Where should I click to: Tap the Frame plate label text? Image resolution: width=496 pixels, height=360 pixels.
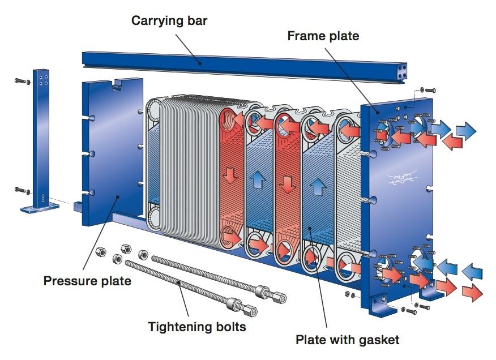(x=323, y=36)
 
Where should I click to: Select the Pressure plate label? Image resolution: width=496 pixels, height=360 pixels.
(x=87, y=281)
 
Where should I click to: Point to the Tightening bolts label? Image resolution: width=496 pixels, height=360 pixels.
(x=196, y=327)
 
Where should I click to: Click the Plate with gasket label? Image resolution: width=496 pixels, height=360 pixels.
(x=347, y=340)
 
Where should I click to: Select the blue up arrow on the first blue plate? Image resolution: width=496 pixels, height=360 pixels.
(x=258, y=180)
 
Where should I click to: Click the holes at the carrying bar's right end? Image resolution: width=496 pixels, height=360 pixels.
(x=403, y=71)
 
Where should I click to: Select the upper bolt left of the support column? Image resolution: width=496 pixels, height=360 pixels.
(x=20, y=82)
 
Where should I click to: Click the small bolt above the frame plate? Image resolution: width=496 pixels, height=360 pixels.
(x=429, y=89)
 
